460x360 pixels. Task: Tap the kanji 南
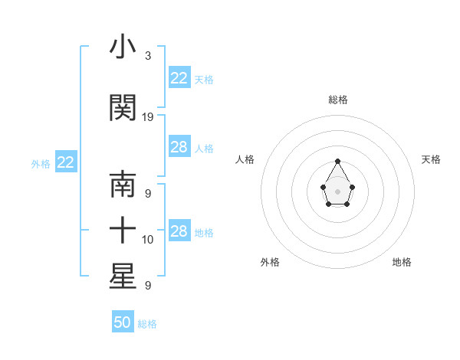tap(123, 186)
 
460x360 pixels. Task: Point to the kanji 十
tap(123, 230)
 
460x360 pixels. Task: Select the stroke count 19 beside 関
tap(148, 117)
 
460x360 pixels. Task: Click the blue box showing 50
tap(123, 322)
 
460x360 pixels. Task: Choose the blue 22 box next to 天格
tap(179, 78)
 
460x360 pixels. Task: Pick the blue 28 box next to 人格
tap(179, 147)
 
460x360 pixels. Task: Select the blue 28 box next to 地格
tap(179, 231)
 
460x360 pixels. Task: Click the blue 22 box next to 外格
tap(66, 162)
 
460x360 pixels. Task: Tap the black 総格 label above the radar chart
tap(338, 100)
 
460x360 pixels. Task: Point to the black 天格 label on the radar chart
tap(431, 159)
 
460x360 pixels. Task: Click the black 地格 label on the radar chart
tap(402, 262)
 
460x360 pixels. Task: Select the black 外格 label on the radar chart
tap(270, 262)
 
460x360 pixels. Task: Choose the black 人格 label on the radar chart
tap(245, 159)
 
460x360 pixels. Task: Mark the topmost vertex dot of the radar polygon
tap(338, 161)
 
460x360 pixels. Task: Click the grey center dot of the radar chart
tap(338, 191)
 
